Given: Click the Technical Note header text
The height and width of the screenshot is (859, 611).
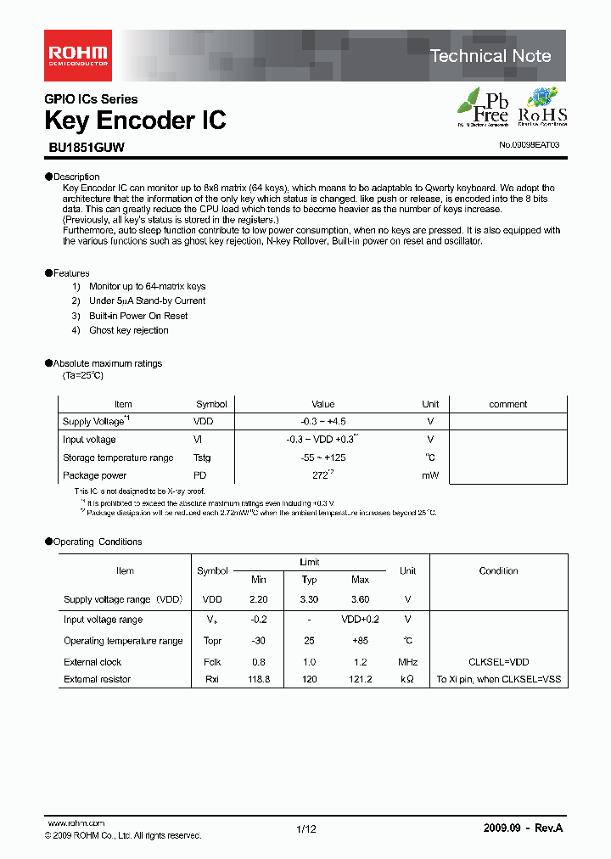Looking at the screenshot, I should (490, 56).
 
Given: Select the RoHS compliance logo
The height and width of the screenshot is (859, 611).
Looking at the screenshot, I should (542, 107).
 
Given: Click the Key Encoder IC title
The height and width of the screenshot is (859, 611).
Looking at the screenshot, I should (135, 121).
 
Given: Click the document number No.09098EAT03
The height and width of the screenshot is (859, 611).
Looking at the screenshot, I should (529, 145).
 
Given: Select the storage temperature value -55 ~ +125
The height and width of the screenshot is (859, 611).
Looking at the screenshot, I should (322, 458).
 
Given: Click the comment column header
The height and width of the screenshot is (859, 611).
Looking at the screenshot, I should (508, 404).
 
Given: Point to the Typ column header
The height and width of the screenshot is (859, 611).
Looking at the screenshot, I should (310, 580).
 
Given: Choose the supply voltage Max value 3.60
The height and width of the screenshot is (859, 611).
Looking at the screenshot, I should (360, 599).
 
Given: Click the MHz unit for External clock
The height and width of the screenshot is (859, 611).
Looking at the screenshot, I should (407, 662).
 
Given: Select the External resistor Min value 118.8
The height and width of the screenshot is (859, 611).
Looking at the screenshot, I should (259, 679).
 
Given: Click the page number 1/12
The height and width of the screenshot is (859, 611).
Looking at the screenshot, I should (305, 829).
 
